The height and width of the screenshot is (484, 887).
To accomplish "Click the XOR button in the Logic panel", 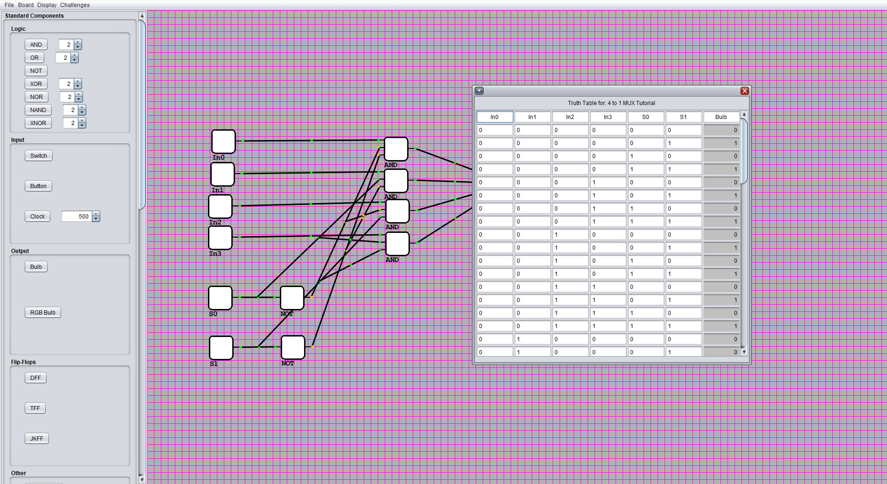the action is [x=36, y=84].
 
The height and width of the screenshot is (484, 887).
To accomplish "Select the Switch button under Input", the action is [x=38, y=156].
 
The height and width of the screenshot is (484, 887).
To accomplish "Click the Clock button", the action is [x=37, y=217].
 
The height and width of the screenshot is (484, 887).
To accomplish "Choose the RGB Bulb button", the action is [x=42, y=313].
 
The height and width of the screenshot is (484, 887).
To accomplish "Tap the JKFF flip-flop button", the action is [x=36, y=439].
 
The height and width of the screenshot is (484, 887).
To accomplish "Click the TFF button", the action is [x=35, y=408].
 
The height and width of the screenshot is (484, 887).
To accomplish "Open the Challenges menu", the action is [x=75, y=5].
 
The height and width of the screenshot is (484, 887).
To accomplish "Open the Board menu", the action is [x=26, y=5].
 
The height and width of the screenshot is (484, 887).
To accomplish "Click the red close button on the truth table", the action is [x=744, y=91].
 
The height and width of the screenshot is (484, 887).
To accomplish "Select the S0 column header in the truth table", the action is [x=645, y=117].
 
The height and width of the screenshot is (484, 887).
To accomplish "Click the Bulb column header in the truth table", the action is [x=721, y=117].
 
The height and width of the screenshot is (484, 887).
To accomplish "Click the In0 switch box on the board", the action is [x=223, y=141].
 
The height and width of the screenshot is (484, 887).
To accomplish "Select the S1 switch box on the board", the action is [x=221, y=348].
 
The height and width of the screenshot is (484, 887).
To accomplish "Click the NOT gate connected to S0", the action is [x=292, y=298].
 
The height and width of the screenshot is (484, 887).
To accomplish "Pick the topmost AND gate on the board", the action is [x=396, y=149].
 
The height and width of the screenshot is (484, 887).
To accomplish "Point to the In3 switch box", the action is [x=220, y=238].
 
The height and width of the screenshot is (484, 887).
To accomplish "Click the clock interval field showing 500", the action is [x=77, y=217].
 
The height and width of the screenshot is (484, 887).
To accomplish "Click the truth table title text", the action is [x=611, y=103].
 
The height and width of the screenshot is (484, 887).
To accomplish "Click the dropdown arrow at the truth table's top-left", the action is [x=479, y=91].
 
